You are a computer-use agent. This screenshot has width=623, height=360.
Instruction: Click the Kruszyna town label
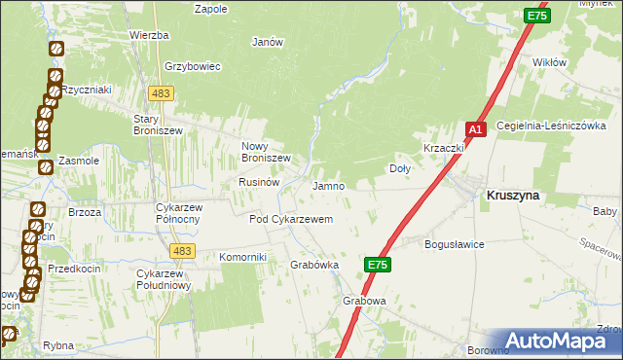(512, 195)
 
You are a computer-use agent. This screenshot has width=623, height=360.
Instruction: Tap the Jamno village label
(328, 186)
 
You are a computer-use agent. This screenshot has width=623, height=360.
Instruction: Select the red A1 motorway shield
(475, 128)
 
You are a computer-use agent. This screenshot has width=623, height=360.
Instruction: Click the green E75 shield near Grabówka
(379, 264)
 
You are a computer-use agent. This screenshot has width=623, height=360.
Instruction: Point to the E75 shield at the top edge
(536, 16)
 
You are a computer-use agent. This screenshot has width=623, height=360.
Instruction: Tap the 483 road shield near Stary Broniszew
(161, 92)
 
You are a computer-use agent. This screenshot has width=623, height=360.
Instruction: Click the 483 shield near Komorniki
(180, 251)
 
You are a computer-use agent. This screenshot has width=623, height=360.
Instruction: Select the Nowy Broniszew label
(266, 152)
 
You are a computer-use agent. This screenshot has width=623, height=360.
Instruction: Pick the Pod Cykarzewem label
(291, 220)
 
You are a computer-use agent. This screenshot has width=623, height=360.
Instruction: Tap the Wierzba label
(149, 35)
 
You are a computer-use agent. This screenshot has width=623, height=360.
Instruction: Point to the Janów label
(267, 42)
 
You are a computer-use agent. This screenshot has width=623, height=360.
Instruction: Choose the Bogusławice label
(455, 244)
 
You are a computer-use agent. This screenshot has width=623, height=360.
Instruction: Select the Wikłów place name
(550, 62)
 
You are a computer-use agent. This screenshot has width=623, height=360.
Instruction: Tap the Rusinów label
(259, 182)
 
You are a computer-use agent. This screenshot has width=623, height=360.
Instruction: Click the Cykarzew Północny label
(178, 213)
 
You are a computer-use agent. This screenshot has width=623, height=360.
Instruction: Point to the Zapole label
(211, 9)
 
